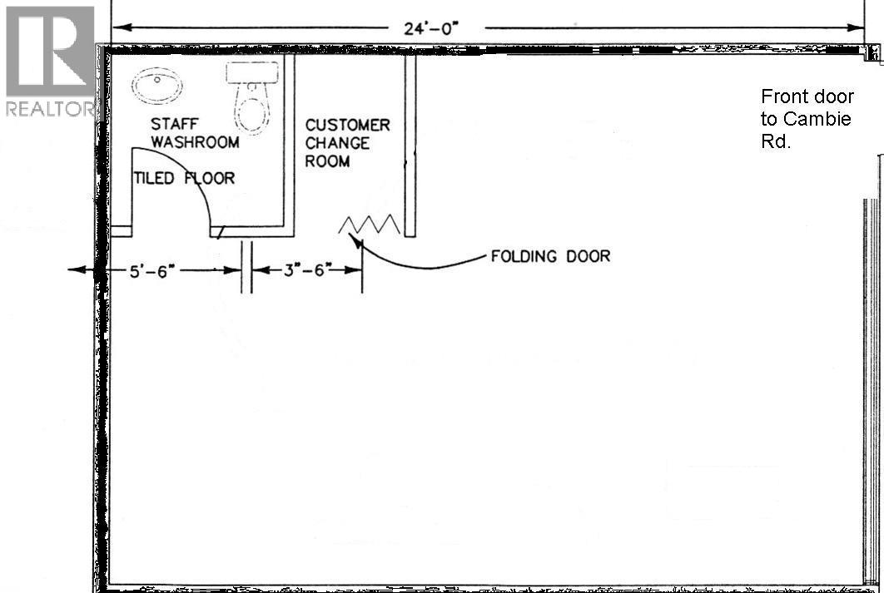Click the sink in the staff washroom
click(157, 86)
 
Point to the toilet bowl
click(252, 111)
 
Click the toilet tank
click(252, 72)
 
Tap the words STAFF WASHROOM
click(195, 133)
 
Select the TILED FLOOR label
click(184, 179)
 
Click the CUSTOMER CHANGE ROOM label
click(347, 143)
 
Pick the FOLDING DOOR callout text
click(550, 256)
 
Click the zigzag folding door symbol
click(370, 225)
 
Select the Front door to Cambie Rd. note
click(807, 119)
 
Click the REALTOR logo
click(50, 61)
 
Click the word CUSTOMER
click(347, 125)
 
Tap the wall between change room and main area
click(410, 146)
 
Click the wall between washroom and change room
click(289, 146)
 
